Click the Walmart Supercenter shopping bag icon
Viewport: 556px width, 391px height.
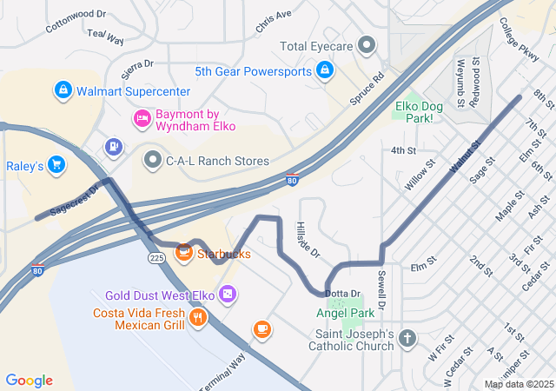coord(63,89)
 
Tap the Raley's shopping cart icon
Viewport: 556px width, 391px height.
coord(56,163)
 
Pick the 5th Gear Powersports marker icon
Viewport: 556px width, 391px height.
coord(325,70)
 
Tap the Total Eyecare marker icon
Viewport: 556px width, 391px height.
coord(367,44)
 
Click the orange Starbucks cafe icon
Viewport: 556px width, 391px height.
coord(184,254)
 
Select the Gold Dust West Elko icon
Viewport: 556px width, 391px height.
coord(227,295)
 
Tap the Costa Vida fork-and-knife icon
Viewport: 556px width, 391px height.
coord(199,318)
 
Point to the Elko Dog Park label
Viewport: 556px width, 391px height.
coord(414,112)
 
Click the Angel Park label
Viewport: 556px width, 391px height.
coord(346,312)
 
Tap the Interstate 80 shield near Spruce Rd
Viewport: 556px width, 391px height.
coord(293,180)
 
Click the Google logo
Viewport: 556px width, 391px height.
coord(30,381)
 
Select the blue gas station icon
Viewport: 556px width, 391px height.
coord(114,148)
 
